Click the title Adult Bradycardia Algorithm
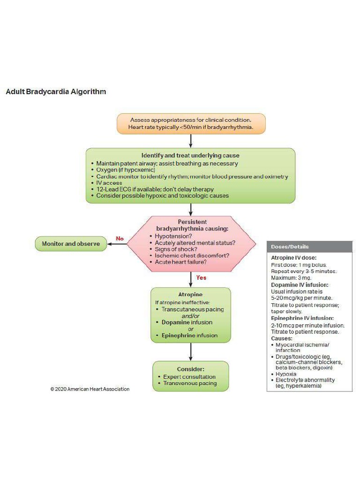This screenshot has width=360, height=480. point(56,92)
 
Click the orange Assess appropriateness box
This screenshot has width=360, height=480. point(191,124)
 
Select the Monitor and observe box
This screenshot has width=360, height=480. point(71,244)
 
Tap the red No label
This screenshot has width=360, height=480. point(120,239)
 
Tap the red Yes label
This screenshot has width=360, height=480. point(201,277)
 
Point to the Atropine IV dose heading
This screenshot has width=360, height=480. point(293,258)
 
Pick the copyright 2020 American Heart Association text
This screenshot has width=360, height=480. point(90,389)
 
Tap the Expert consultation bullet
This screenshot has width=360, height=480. point(189,377)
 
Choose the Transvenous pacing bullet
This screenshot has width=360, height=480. point(190,383)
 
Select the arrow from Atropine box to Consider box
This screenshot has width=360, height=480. point(191,352)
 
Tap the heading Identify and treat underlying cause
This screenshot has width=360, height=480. point(190,156)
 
